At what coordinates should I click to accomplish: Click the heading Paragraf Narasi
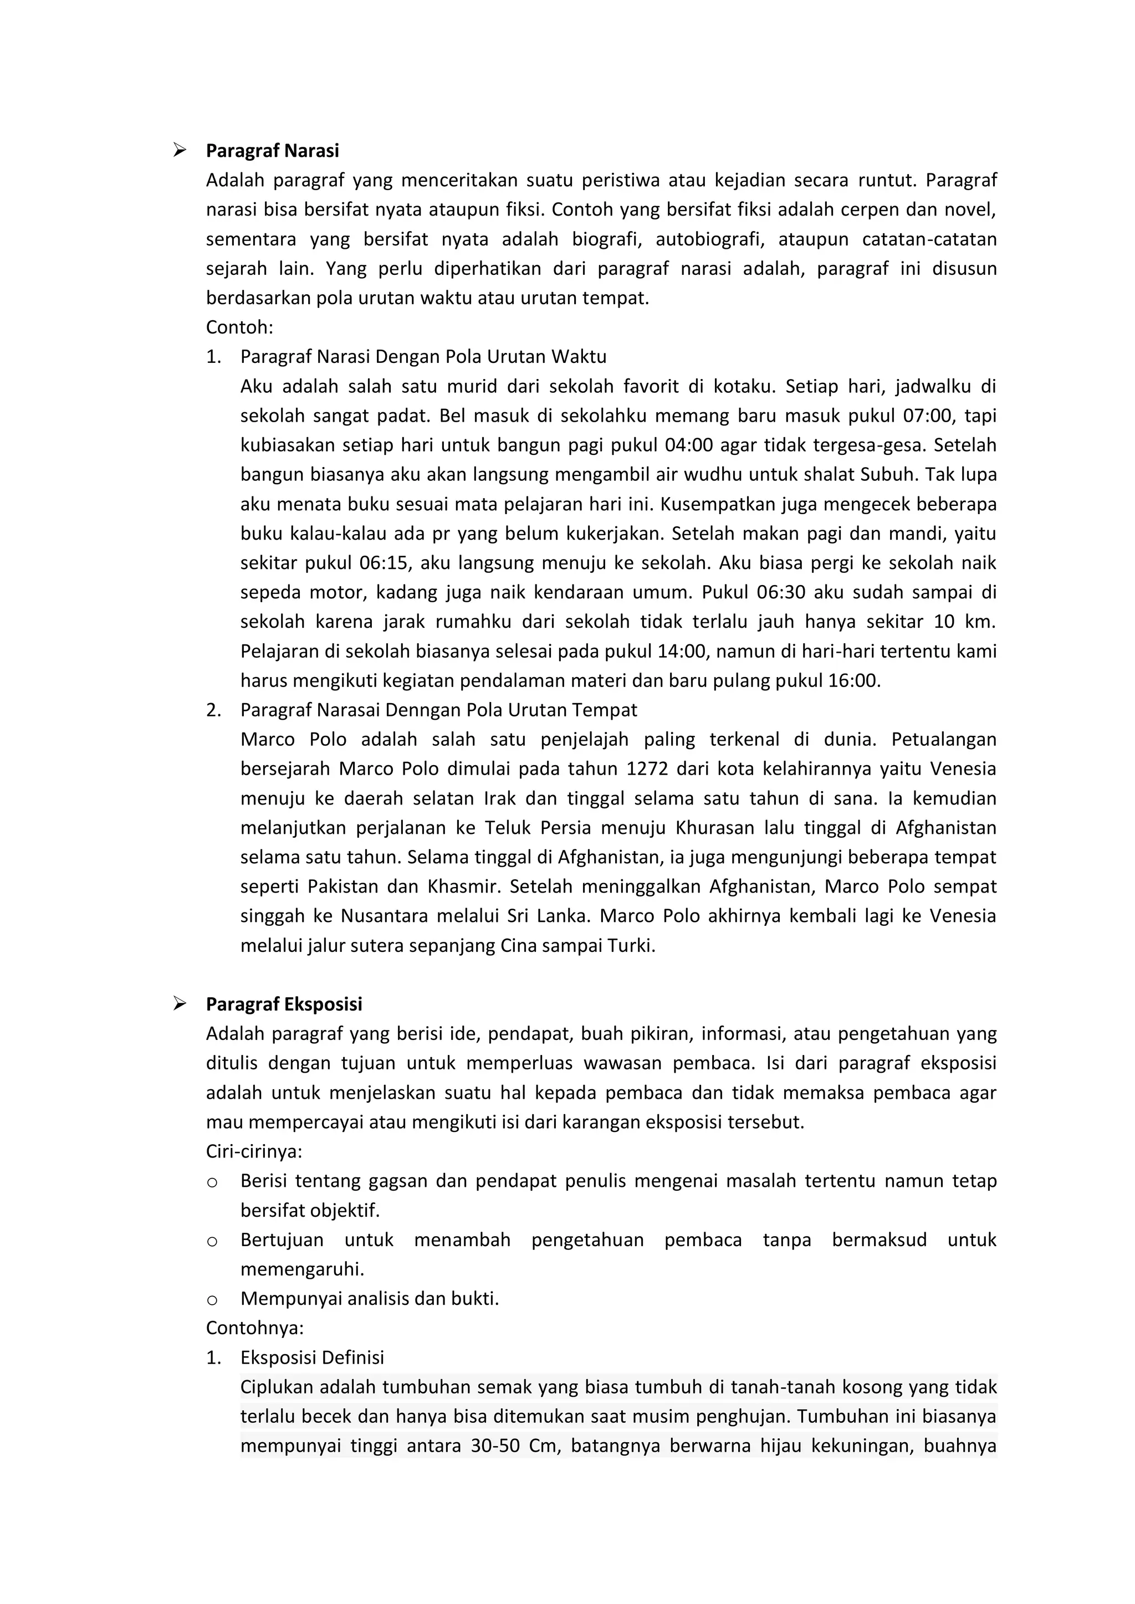272,151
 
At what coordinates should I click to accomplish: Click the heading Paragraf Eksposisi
284,1005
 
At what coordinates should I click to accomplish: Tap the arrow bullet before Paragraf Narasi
180,150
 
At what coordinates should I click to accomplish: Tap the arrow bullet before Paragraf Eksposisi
180,1004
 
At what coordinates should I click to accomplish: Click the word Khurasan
714,828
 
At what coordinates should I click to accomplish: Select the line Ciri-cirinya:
254,1151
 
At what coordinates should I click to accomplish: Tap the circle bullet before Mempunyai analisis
212,1299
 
